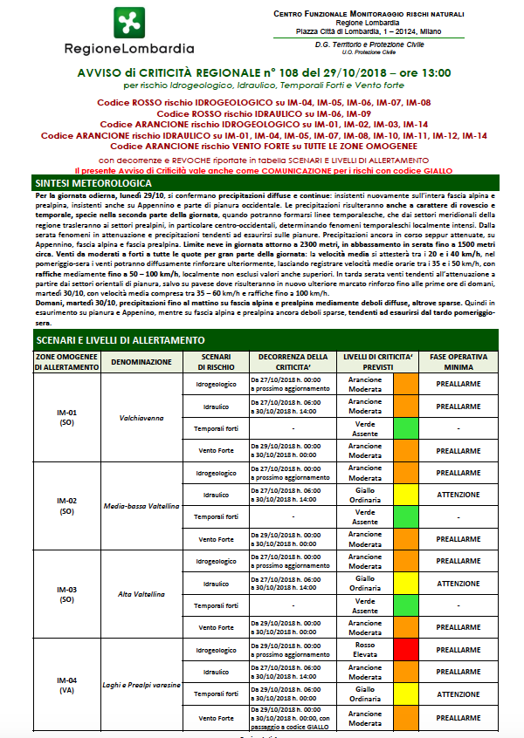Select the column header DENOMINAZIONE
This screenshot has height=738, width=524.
tap(141, 361)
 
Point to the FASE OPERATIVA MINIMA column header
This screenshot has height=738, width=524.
tap(458, 361)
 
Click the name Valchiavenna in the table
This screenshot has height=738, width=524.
tap(141, 418)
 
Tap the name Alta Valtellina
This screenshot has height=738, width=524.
tap(141, 594)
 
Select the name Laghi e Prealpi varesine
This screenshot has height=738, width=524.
tap(141, 685)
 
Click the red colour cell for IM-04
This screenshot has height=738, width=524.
tap(407, 650)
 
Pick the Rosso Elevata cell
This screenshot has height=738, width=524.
tap(364, 650)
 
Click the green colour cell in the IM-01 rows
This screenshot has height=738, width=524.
tap(407, 428)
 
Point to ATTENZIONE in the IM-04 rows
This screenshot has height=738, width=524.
tap(458, 694)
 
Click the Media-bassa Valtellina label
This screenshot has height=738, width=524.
tap(141, 506)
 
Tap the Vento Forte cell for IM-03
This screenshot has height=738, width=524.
tap(216, 627)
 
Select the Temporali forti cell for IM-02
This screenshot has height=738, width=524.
tap(216, 517)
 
